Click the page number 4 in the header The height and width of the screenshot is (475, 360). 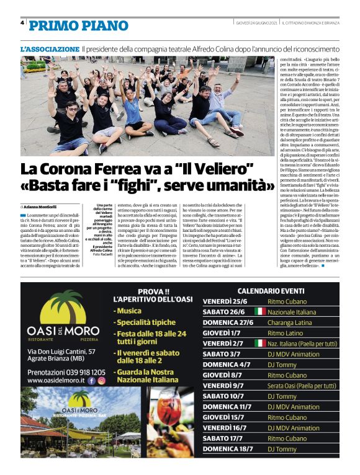[23, 23]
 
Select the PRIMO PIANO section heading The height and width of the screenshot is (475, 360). [78, 25]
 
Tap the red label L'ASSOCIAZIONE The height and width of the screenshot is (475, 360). [50, 48]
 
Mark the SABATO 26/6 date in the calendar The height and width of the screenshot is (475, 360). [223, 311]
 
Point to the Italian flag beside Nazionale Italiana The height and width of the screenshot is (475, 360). [259, 311]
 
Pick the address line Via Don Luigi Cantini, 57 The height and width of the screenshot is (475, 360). [60, 351]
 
